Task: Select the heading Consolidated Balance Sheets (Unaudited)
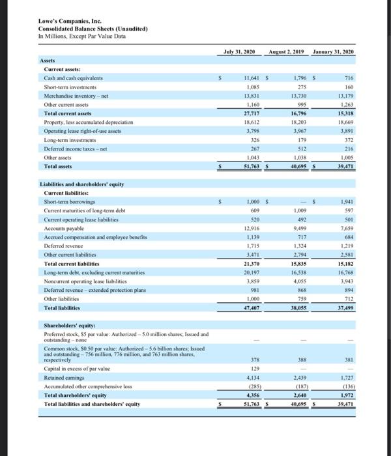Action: point(93,29)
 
